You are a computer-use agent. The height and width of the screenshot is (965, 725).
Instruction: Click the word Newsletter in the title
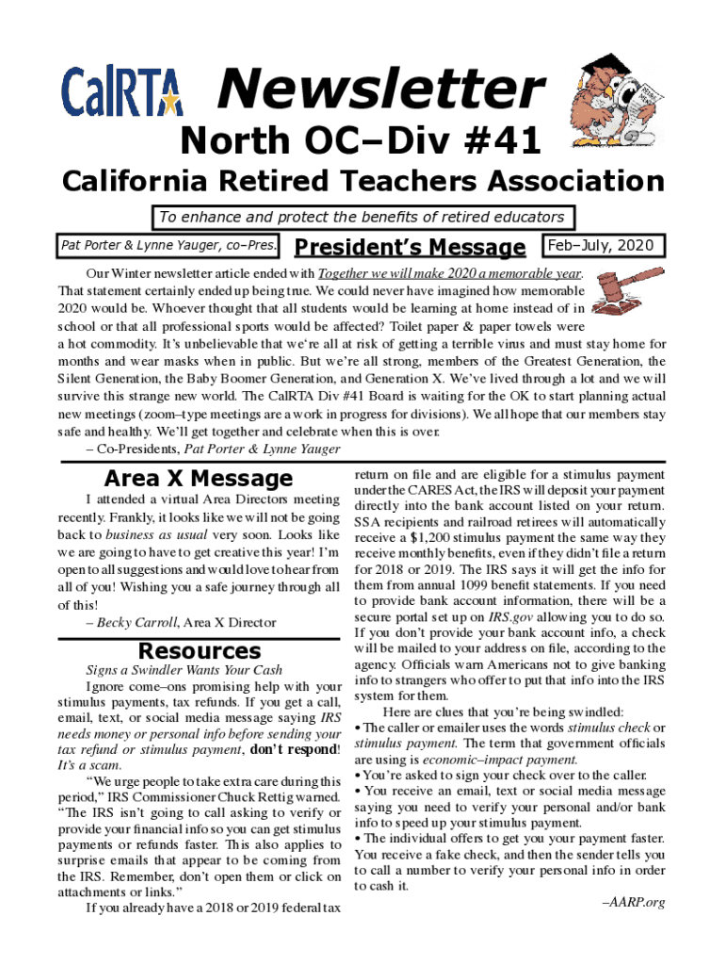tap(380, 90)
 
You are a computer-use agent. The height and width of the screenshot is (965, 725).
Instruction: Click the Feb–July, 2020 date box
tap(605, 246)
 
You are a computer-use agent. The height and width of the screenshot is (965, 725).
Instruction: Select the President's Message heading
tap(410, 248)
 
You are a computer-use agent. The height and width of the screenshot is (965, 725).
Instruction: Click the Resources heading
tap(199, 650)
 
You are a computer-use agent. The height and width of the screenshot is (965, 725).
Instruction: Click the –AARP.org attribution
tap(634, 902)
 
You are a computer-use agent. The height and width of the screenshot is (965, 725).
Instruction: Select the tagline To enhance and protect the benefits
tap(362, 218)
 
